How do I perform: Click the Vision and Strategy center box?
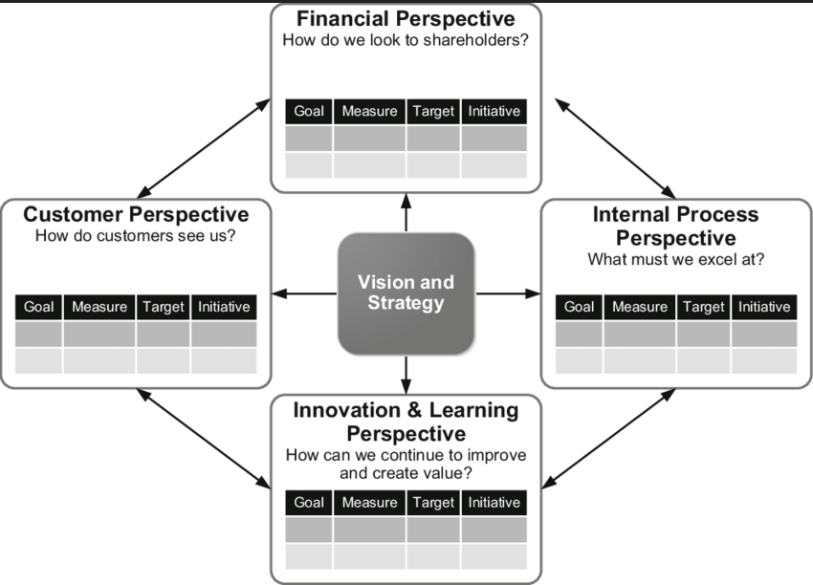406,292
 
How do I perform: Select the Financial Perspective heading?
406,19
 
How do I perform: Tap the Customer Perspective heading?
136,214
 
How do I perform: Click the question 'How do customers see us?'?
136,236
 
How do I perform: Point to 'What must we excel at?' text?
676,259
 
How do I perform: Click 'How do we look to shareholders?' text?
406,40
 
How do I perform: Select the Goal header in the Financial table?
309,111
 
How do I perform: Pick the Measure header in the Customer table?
99,307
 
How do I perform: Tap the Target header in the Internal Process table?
703,307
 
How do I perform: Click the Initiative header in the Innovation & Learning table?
494,503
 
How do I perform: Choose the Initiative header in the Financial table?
494,111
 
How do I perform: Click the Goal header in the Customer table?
39,307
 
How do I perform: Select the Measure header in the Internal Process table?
640,307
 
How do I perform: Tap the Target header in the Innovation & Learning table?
433,503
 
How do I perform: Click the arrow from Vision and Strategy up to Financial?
406,212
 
